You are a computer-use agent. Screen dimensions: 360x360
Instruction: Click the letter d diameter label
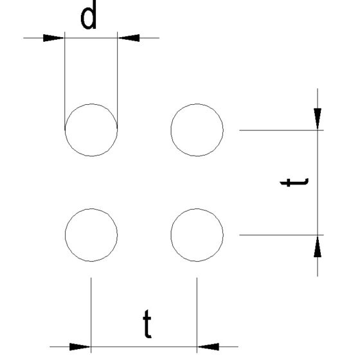click(x=89, y=15)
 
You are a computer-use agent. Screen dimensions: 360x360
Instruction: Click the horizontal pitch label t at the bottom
click(x=147, y=324)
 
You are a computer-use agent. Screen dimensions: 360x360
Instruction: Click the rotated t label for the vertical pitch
click(x=294, y=183)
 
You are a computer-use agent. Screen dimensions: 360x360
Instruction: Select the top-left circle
click(x=65, y=130)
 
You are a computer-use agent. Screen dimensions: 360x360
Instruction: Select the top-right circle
click(x=170, y=130)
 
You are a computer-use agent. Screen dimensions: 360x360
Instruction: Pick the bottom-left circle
click(x=65, y=235)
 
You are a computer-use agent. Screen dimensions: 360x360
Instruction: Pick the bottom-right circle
click(x=170, y=235)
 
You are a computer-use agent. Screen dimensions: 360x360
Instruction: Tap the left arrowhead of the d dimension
click(x=54, y=38)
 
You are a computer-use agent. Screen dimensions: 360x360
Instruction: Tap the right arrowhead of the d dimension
click(x=129, y=38)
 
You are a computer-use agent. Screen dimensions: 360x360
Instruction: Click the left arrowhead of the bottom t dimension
click(x=80, y=346)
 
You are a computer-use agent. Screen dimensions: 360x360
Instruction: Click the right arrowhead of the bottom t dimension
click(x=208, y=346)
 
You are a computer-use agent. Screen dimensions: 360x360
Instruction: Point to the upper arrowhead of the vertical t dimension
click(x=318, y=119)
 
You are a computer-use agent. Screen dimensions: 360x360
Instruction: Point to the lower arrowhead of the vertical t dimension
click(x=318, y=246)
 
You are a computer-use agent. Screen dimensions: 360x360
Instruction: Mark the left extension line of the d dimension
click(x=65, y=81)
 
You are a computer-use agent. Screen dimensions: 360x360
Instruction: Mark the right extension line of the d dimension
click(x=118, y=81)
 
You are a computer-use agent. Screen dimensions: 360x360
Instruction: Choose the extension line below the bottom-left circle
click(x=91, y=315)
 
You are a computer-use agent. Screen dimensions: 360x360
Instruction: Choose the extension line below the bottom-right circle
click(x=197, y=315)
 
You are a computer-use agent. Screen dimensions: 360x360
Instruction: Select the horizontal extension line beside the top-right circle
click(x=282, y=130)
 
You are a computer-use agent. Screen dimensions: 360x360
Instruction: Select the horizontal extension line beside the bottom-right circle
click(x=282, y=235)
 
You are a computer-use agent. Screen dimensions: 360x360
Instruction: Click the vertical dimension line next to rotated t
click(x=318, y=183)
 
